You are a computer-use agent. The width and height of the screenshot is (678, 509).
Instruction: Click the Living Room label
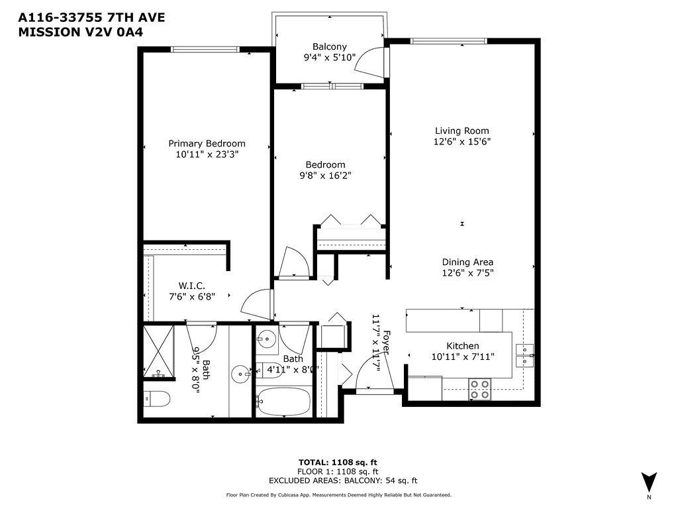click(x=461, y=131)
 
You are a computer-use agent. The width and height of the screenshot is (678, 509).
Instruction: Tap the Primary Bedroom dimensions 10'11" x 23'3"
click(x=207, y=154)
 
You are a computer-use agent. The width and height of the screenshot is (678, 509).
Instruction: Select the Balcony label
click(x=329, y=46)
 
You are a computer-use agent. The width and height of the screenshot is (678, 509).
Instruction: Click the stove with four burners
click(x=479, y=389)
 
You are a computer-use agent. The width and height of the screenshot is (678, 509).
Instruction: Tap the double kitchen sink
click(x=524, y=355)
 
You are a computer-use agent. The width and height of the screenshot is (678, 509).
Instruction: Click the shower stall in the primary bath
click(x=160, y=351)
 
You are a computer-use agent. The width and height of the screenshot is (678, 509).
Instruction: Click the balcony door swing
click(x=374, y=62)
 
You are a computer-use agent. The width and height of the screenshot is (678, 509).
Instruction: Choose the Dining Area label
click(x=467, y=262)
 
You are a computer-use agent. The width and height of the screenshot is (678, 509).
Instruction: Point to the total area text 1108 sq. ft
click(x=338, y=462)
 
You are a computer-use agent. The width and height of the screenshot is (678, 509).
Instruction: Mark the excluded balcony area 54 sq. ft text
click(x=343, y=481)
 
